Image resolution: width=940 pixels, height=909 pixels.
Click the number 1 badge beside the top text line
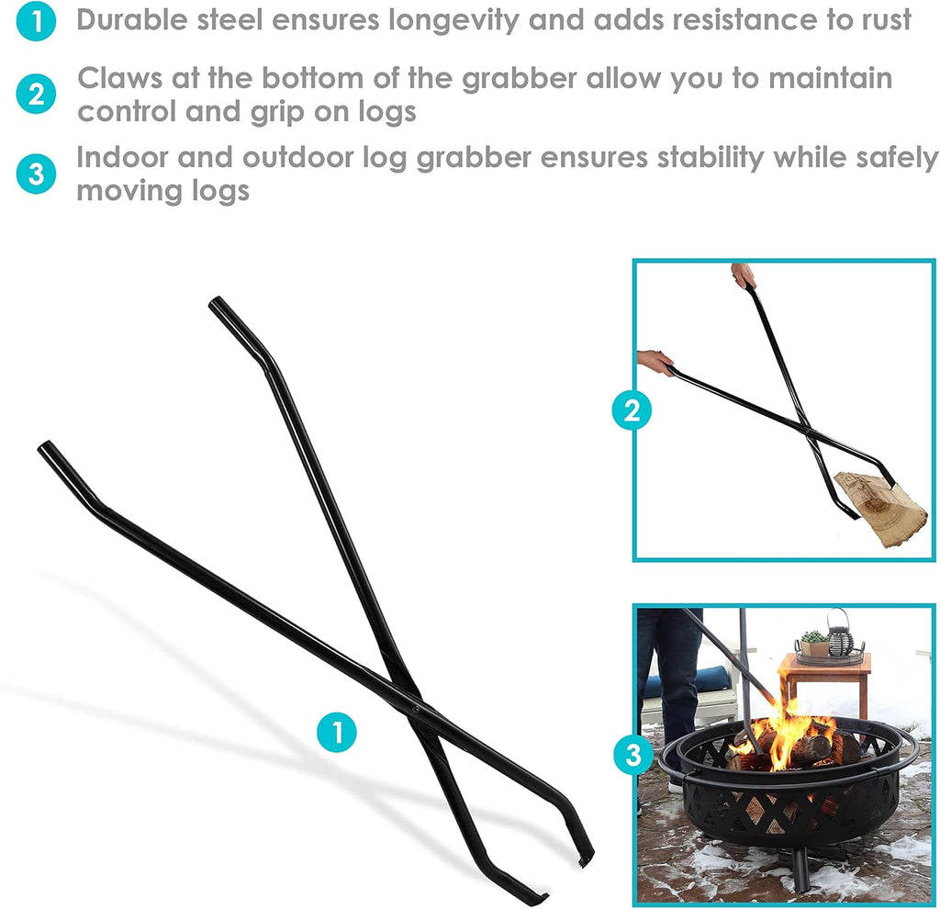[x=36, y=22]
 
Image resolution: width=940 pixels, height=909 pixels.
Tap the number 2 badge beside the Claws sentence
[x=36, y=95]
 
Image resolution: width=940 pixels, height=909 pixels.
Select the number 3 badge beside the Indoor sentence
[x=36, y=174]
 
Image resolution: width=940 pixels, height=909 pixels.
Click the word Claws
[x=120, y=78]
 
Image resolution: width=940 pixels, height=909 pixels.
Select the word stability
[x=710, y=159]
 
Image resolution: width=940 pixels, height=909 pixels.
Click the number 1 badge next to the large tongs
[x=337, y=732]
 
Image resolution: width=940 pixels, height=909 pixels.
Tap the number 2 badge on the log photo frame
[x=632, y=410]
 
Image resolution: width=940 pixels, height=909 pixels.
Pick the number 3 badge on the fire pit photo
[x=633, y=755]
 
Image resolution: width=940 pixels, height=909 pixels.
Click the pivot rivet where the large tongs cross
[x=414, y=709]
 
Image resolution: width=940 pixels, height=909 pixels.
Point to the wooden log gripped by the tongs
[x=880, y=507]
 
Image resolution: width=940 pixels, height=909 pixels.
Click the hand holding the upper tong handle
[x=743, y=275]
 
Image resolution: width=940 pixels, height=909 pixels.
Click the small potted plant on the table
[x=814, y=644]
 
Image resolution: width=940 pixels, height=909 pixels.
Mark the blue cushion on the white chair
[x=682, y=682]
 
